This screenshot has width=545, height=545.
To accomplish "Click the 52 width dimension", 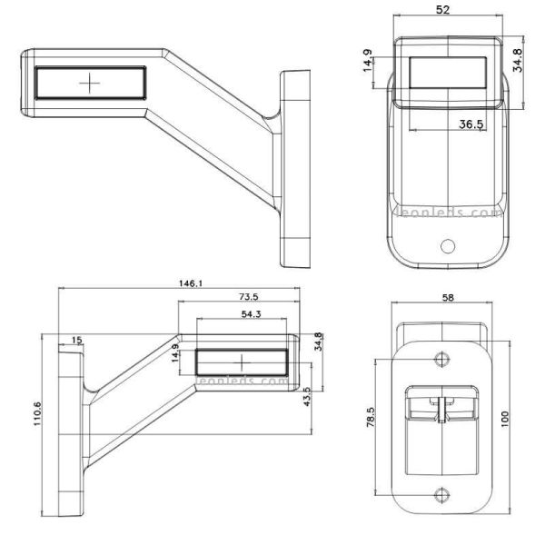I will pos(442,9).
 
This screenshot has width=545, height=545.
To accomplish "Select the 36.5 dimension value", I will pos(470,124).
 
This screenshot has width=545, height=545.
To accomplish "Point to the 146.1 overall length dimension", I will pos(190,283).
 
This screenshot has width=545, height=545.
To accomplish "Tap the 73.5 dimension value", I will pos(248,297).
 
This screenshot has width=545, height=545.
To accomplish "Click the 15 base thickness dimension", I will pos(76,340).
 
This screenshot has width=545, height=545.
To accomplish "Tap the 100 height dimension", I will pos(504,421).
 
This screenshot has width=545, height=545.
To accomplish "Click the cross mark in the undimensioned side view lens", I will pos(90,83).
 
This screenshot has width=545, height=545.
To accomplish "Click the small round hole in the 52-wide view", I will pos(447,246).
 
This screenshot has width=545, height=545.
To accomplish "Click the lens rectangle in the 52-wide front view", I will pos(449,72).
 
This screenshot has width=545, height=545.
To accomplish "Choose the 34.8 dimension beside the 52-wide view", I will pos(519,60).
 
